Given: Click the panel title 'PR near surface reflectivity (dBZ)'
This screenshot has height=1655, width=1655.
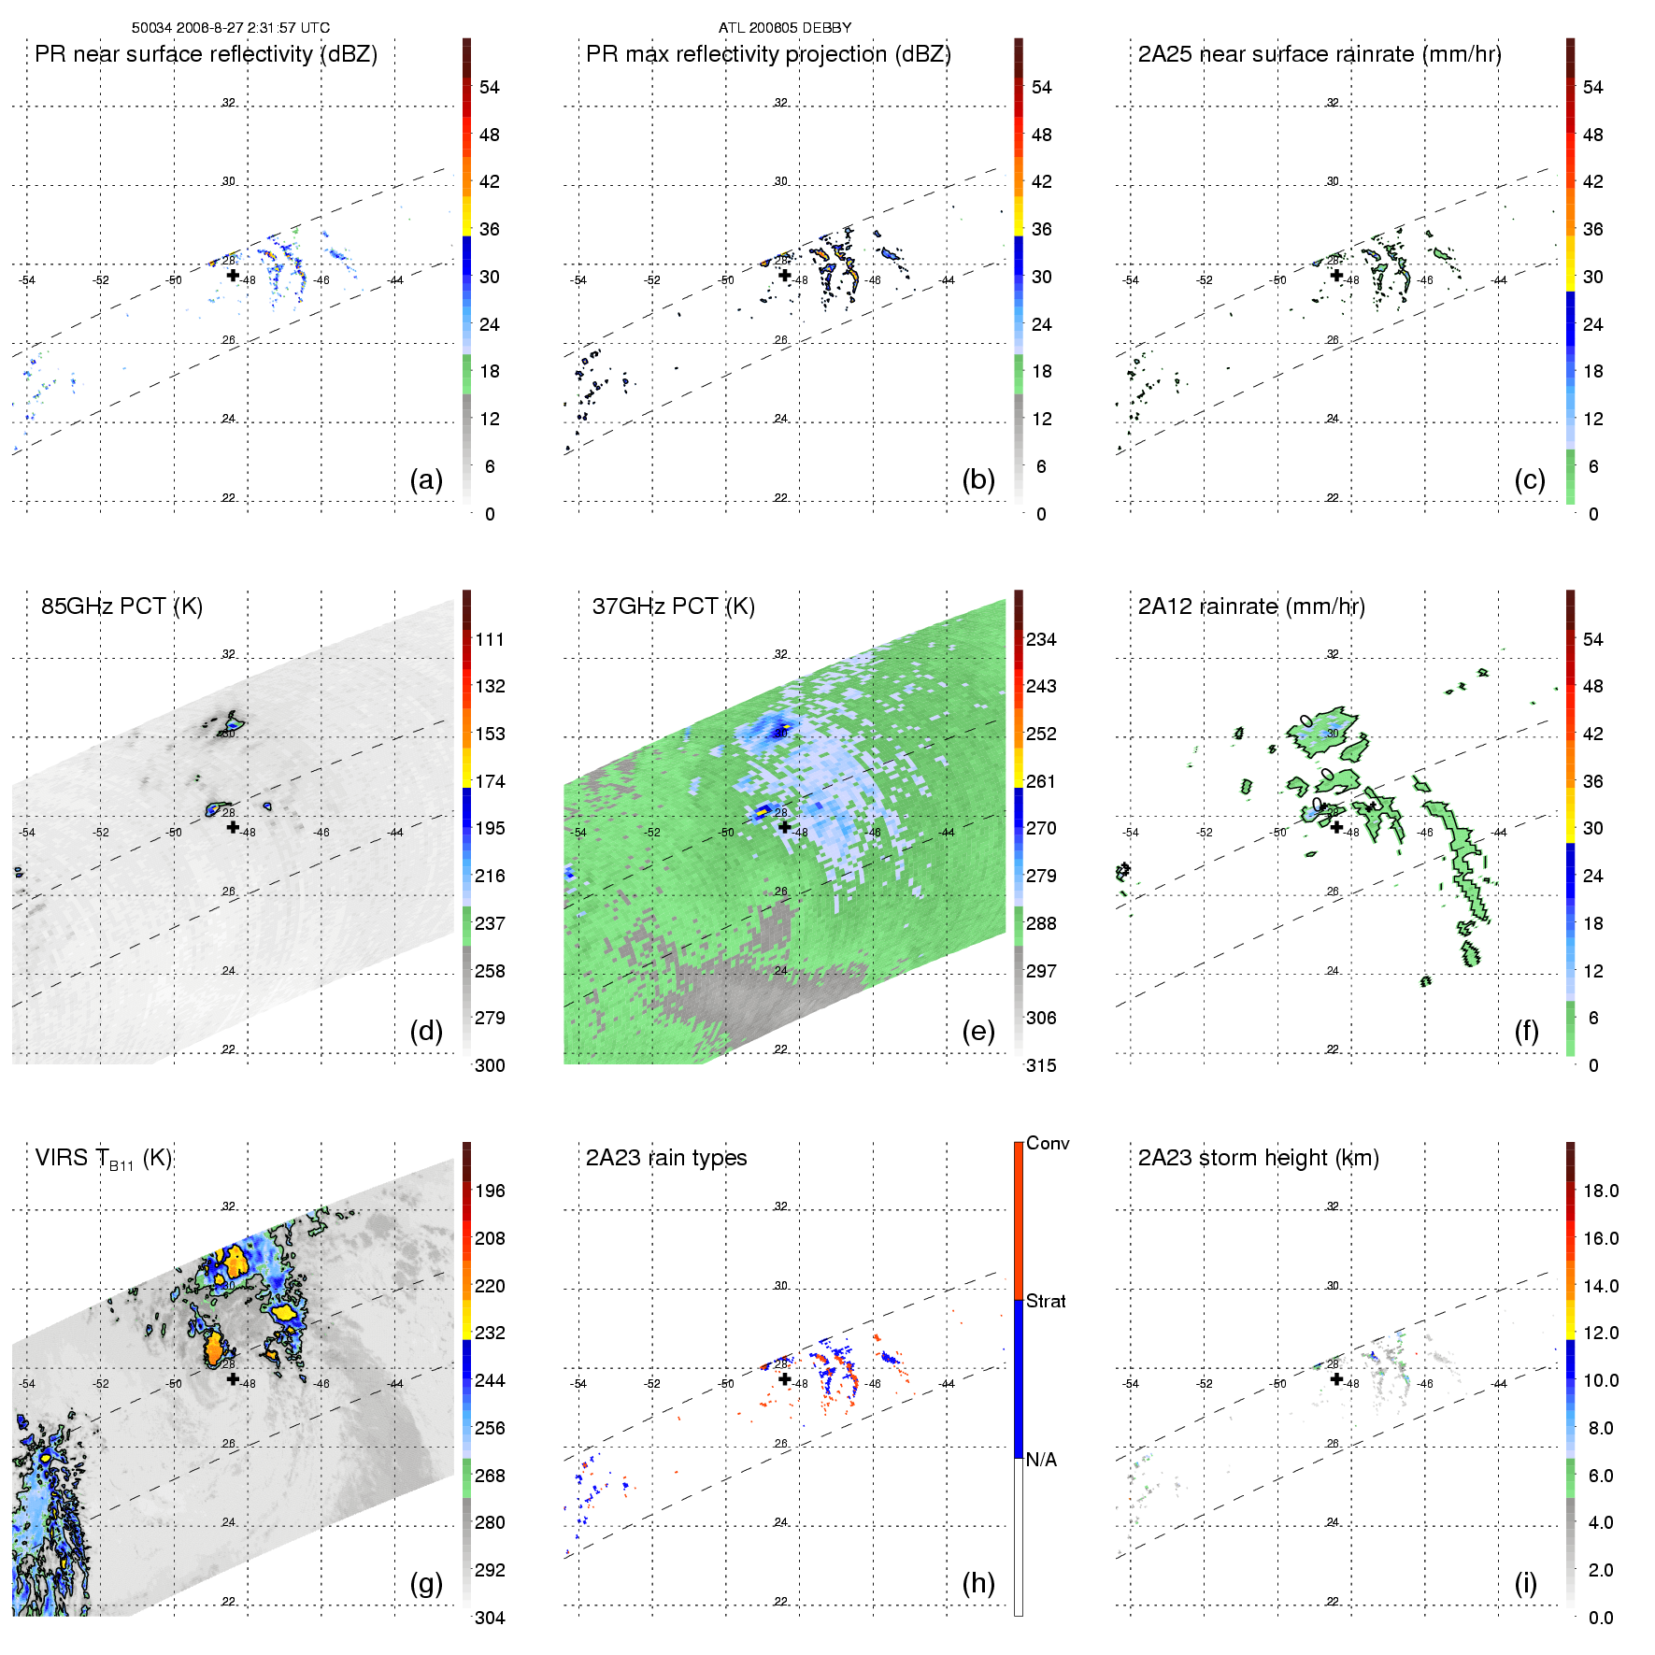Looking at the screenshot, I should [x=206, y=54].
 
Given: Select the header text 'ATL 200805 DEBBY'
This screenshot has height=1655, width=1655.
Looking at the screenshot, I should [x=785, y=28].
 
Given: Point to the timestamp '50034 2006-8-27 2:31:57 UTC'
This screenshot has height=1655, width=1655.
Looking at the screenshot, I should [x=231, y=28].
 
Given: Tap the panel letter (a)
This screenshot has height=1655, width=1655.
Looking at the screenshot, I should [x=426, y=479].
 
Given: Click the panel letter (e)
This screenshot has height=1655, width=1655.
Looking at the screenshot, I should [x=978, y=1031].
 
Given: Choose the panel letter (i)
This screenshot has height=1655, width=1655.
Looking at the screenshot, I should [x=1525, y=1583].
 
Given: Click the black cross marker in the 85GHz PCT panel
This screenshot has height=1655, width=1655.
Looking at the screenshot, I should [x=233, y=827].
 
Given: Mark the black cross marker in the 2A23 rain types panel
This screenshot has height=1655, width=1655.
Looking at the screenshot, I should [x=785, y=1378].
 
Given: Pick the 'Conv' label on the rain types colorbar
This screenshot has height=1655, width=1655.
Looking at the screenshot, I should [x=1048, y=1143].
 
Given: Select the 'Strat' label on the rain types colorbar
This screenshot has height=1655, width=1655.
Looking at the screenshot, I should [x=1046, y=1301].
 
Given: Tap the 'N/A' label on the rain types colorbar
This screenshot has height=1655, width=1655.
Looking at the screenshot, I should [x=1041, y=1460].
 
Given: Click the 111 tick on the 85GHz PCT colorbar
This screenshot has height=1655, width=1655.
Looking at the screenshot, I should [x=490, y=639].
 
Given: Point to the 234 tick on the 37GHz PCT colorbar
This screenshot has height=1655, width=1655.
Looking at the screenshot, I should [x=1041, y=639].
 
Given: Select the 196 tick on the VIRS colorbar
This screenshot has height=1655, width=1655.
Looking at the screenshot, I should [x=490, y=1191].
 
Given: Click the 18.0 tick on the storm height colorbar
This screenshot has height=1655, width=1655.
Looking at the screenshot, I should [x=1601, y=1191].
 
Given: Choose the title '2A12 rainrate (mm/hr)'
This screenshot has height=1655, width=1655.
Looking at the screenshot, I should [x=1251, y=606].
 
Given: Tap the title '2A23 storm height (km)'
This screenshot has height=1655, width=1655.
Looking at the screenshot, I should [x=1258, y=1158].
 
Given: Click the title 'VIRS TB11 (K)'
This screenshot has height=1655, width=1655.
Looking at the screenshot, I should [x=103, y=1159].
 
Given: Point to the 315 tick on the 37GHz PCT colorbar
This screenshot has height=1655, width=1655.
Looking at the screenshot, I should [x=1041, y=1065].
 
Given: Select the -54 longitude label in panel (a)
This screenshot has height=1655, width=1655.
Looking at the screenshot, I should [x=27, y=280].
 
